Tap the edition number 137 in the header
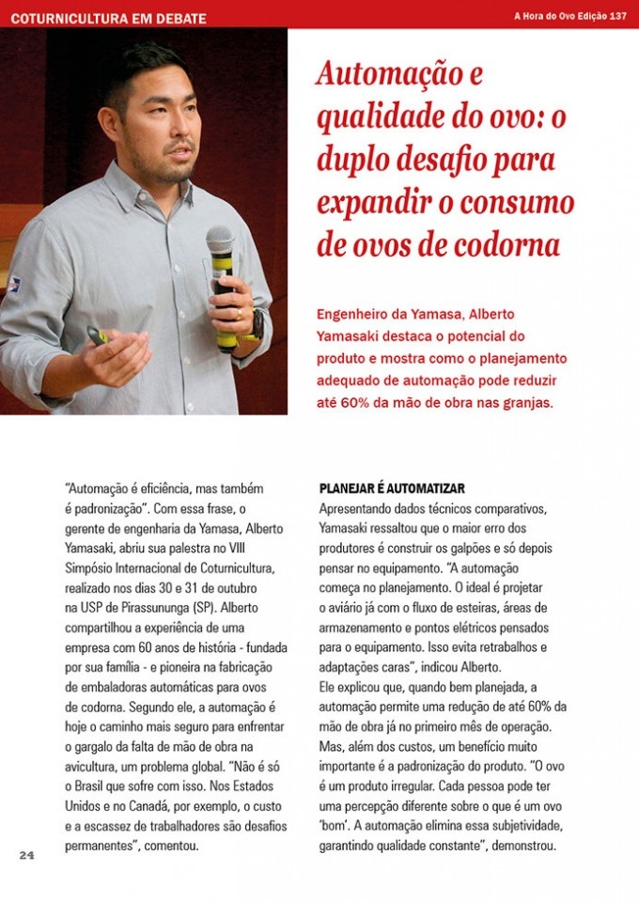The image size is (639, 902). tap(617, 16)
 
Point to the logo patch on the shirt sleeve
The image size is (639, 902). tap(13, 283)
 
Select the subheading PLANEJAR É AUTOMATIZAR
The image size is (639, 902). tap(393, 490)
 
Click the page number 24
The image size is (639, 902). tap(26, 855)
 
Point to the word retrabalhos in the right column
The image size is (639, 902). tap(506, 647)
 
